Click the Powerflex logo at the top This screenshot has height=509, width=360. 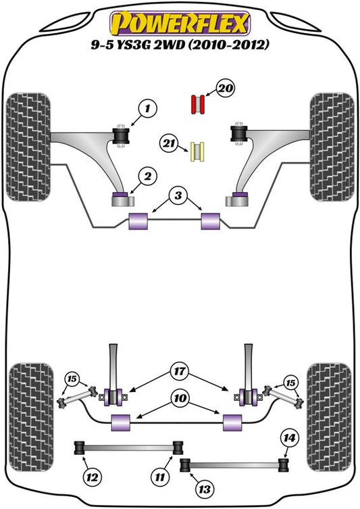coord(180,23)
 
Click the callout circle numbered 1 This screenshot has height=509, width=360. coord(147,108)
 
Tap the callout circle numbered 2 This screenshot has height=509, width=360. coord(147,176)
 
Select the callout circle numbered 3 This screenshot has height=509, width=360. coord(178,196)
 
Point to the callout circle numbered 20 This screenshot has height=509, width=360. coord(226,88)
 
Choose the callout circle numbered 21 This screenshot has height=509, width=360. coord(168,143)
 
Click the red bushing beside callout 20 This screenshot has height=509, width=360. coord(197,104)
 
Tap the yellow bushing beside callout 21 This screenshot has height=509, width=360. coord(197,151)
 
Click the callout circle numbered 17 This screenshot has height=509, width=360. coord(180,371)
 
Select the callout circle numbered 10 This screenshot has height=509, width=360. coord(180,398)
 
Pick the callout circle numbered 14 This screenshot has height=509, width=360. coord(289,438)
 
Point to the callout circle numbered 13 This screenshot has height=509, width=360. coord(205,489)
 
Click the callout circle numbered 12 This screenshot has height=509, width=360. coord(92,477)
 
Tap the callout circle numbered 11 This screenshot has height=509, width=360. coord(160,477)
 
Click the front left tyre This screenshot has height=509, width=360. coord(28,147)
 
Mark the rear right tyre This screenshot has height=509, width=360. coord(329,418)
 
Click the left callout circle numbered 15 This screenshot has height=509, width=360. coord(72,379)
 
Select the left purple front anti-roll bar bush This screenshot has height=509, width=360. coord(138,221)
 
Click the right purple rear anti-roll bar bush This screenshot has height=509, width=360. coord(232,422)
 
